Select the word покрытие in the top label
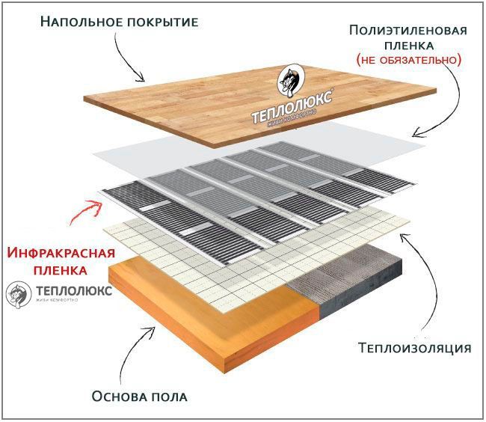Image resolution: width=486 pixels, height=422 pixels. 158,21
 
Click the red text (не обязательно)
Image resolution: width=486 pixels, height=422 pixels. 408,58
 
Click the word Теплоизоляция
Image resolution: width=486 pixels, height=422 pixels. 414,348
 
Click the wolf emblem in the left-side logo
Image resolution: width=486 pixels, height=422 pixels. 16,294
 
